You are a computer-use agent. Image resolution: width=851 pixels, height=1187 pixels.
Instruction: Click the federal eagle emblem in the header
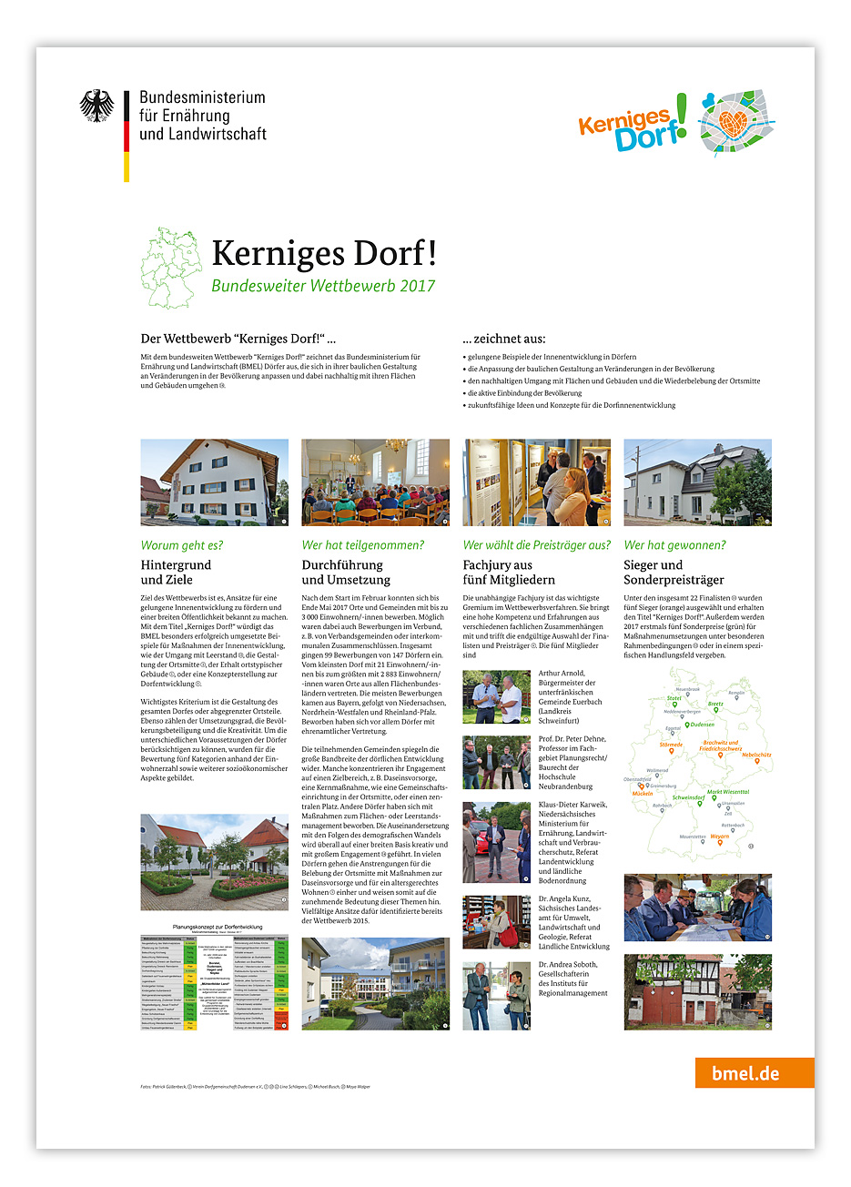96,106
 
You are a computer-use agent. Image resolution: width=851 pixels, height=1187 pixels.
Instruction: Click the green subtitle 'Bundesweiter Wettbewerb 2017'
323,286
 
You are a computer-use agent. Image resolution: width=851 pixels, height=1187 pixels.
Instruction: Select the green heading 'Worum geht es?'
182,545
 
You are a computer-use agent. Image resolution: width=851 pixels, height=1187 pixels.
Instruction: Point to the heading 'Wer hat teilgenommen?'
362,545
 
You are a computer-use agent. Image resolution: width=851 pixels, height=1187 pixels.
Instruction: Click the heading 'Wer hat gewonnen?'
674,545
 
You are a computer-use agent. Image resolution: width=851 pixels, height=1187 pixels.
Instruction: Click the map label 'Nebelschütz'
756,755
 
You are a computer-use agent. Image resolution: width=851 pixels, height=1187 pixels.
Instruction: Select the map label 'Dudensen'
702,725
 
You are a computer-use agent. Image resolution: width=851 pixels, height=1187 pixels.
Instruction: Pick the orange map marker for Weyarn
720,843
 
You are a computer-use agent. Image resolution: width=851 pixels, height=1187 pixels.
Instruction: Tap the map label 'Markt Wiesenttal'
728,792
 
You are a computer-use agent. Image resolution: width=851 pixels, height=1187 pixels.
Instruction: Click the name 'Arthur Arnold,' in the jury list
562,674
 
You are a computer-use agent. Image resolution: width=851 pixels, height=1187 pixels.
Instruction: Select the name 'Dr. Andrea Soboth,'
568,965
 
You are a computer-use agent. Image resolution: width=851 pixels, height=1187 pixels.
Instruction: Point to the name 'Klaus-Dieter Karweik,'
572,805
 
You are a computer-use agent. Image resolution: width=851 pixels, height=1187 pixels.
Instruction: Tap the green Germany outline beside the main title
171,269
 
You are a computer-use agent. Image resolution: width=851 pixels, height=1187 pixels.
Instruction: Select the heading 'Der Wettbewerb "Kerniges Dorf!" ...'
238,339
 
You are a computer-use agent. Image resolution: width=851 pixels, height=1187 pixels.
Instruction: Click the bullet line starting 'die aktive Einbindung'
524,393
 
